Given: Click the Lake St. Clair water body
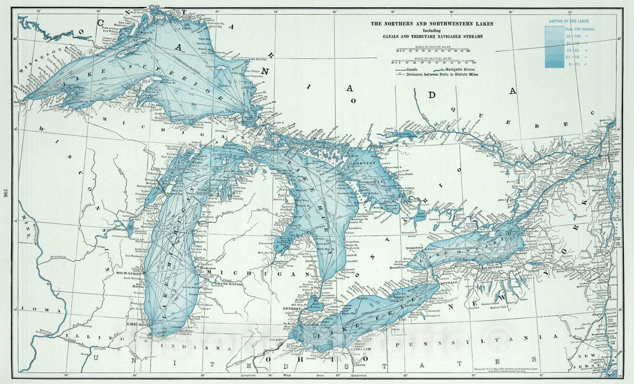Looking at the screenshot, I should [316, 303].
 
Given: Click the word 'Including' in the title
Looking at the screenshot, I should [432, 30].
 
